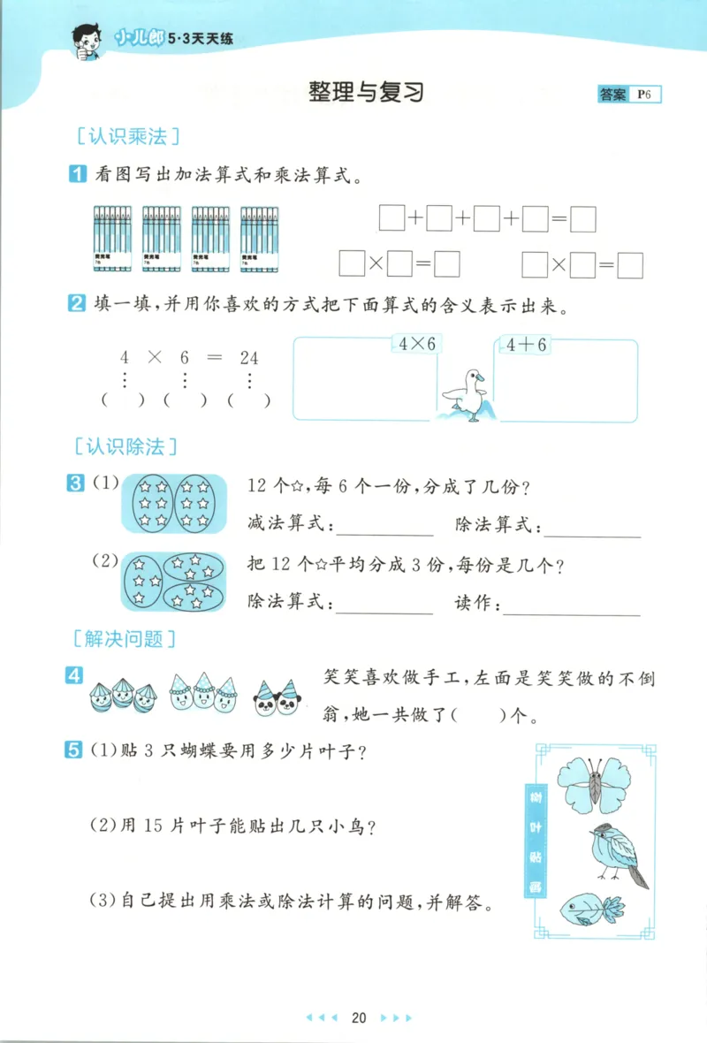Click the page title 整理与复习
click(x=367, y=93)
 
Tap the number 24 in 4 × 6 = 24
click(x=249, y=358)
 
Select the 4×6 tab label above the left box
click(x=418, y=345)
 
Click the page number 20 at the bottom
click(x=358, y=1017)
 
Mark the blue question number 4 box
click(x=75, y=676)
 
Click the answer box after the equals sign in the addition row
click(x=583, y=218)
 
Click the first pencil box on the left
click(x=114, y=239)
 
